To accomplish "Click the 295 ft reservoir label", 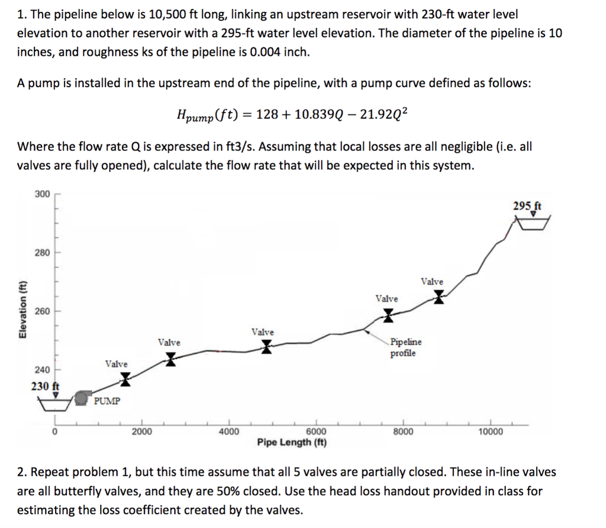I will (x=527, y=207).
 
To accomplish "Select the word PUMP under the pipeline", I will (x=107, y=401).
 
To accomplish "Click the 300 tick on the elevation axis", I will (x=43, y=194).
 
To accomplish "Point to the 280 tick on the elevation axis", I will (x=43, y=253).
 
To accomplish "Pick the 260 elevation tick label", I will (x=43, y=311).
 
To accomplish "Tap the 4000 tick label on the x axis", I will (x=228, y=432).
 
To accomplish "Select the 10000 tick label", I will (x=490, y=432).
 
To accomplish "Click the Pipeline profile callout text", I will (x=406, y=347).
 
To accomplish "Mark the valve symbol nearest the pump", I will (x=125, y=379).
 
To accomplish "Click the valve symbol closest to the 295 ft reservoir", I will (x=439, y=296).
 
